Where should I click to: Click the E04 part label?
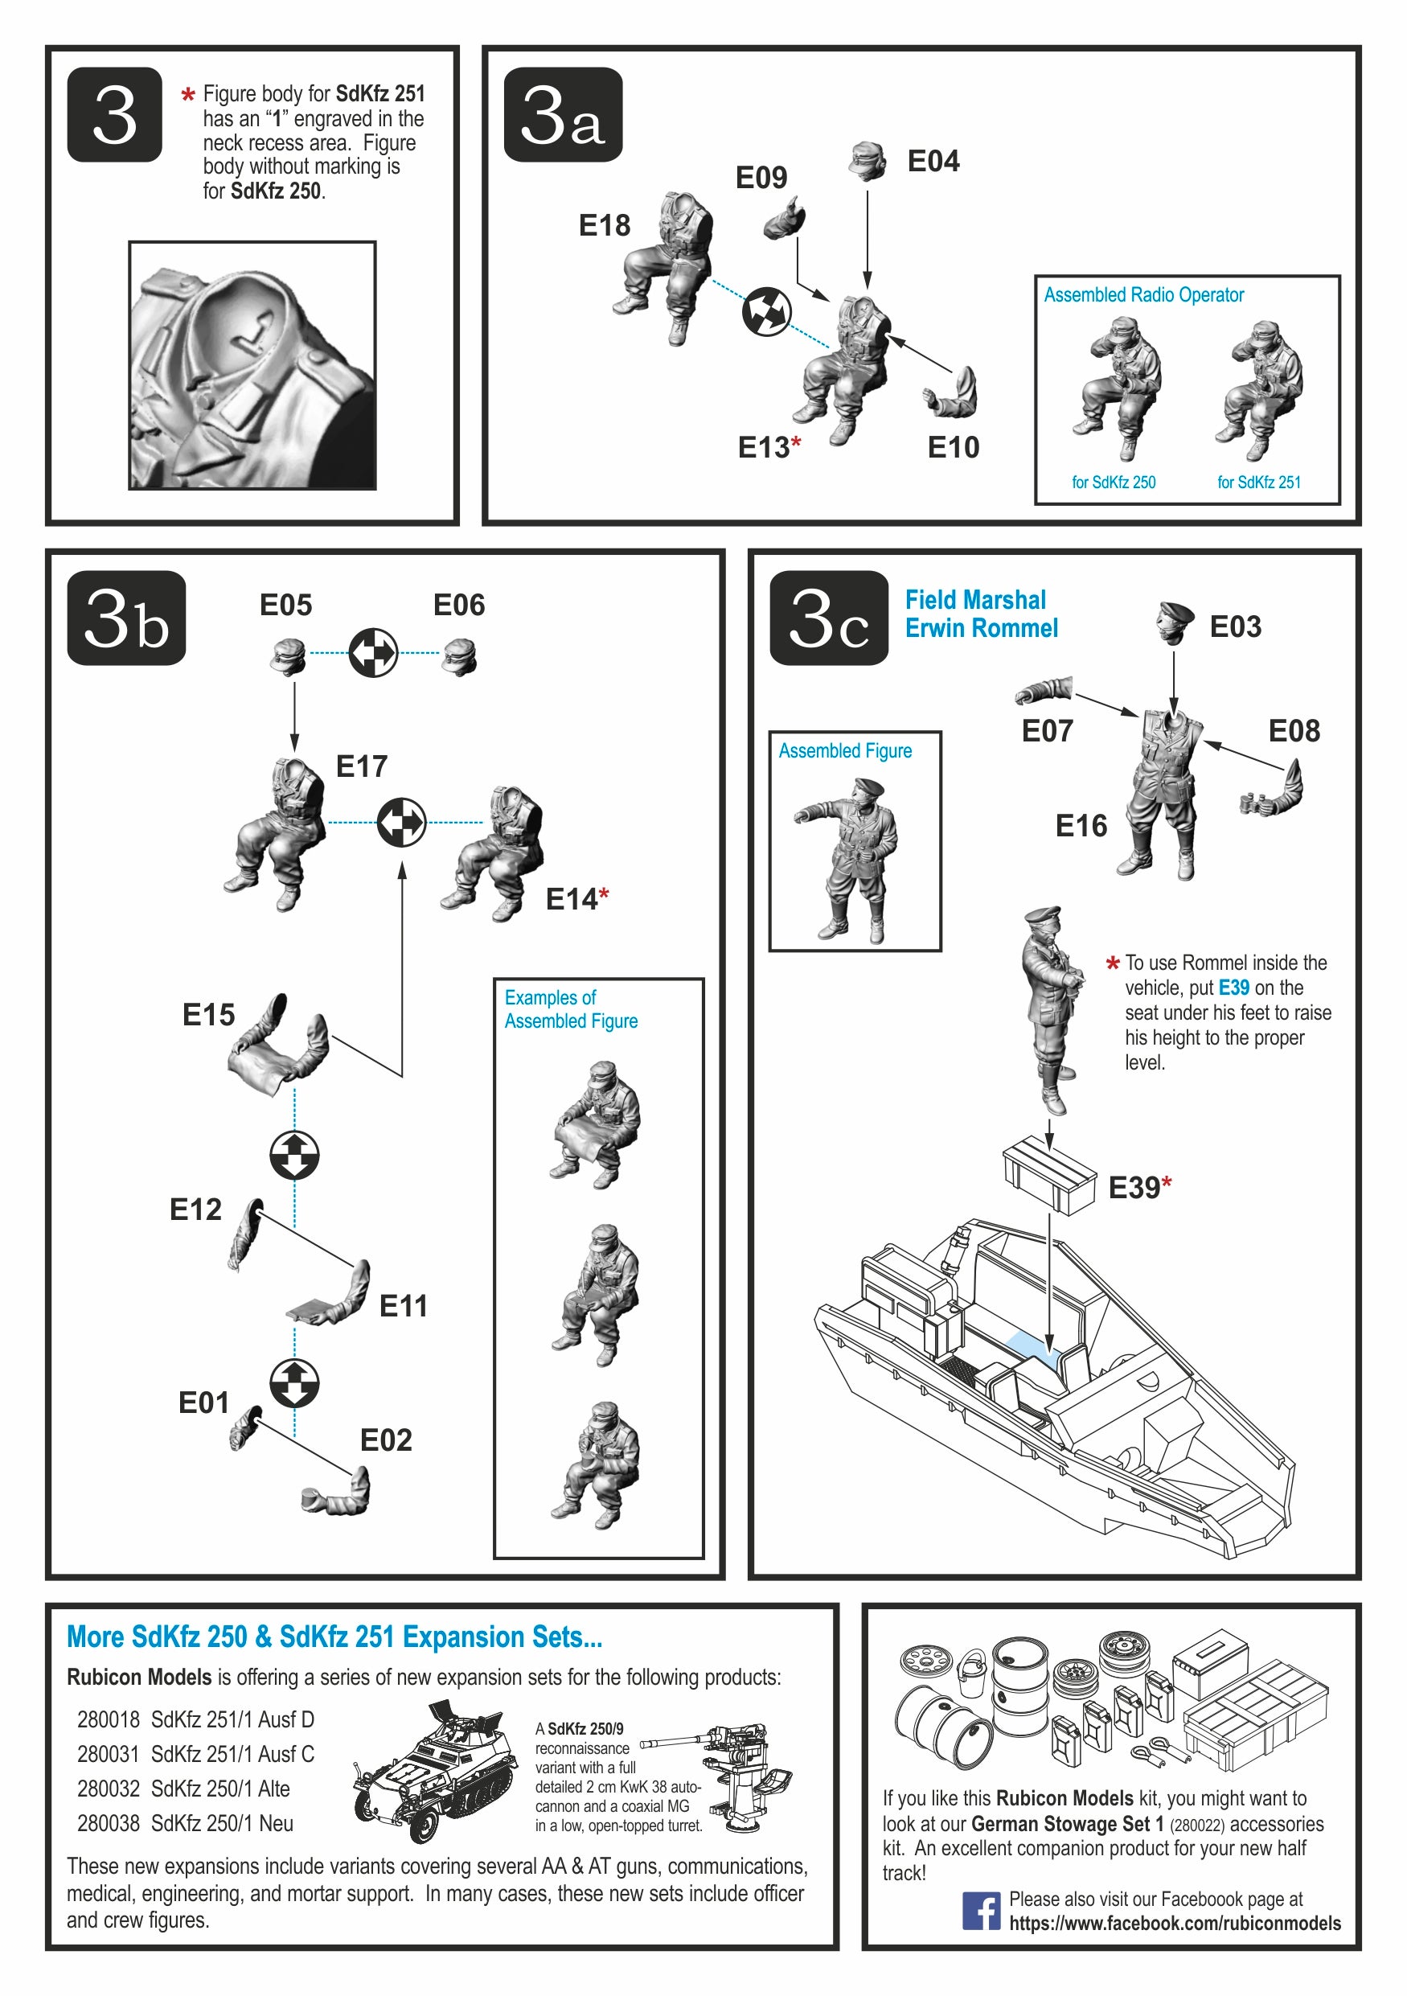[933, 161]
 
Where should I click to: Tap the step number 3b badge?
[126, 618]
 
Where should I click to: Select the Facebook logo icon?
[981, 1911]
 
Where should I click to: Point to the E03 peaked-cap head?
[1174, 622]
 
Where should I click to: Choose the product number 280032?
[109, 1789]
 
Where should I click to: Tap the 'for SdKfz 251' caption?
[1258, 483]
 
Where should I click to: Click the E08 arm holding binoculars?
[1272, 788]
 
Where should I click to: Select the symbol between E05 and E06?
[373, 653]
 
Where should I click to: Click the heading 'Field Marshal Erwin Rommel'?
[981, 614]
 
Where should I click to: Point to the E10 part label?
[954, 448]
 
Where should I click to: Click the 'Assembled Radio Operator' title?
[1143, 294]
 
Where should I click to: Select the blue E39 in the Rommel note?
[1234, 988]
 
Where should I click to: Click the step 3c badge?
[829, 618]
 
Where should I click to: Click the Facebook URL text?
[1175, 1924]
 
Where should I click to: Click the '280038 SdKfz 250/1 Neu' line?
[185, 1824]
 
